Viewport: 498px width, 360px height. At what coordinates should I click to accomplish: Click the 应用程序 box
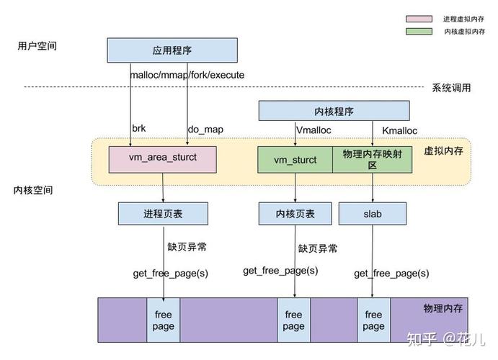pyautogui.click(x=172, y=50)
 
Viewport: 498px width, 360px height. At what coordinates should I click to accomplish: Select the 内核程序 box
pyautogui.click(x=334, y=111)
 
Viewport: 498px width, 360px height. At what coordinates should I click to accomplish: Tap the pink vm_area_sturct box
pyautogui.click(x=162, y=158)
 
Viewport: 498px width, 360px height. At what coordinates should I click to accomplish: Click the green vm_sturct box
pyautogui.click(x=295, y=160)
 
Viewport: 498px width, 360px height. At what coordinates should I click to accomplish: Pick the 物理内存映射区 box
pyautogui.click(x=372, y=159)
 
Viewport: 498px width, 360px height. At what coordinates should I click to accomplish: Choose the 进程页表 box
pyautogui.click(x=163, y=213)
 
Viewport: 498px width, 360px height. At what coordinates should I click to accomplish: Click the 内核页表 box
pyautogui.click(x=295, y=214)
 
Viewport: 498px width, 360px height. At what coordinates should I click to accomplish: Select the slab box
pyautogui.click(x=373, y=214)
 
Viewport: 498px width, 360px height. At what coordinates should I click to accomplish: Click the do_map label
pyautogui.click(x=205, y=129)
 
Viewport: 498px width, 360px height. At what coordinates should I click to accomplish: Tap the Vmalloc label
pyautogui.click(x=315, y=130)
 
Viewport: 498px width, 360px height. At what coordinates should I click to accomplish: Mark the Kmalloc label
pyautogui.click(x=399, y=130)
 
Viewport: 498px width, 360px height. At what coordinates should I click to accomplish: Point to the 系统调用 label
pyautogui.click(x=451, y=88)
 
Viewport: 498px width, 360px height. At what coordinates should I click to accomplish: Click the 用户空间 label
pyautogui.click(x=37, y=46)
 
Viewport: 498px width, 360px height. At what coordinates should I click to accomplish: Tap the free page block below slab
pyautogui.click(x=373, y=320)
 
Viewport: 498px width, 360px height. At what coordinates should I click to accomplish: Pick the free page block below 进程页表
pyautogui.click(x=164, y=320)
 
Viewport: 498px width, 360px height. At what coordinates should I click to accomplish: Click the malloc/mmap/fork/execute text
pyautogui.click(x=187, y=75)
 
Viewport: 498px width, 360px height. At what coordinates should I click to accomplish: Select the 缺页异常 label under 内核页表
pyautogui.click(x=318, y=248)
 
